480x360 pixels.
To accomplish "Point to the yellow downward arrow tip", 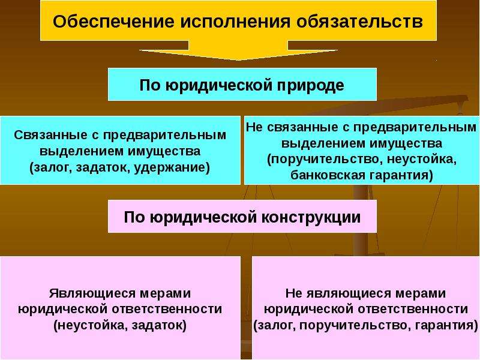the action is click(238, 59).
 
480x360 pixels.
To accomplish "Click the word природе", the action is click(311, 85).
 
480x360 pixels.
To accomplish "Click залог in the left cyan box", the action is click(51, 168).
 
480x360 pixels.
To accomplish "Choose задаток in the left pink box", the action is click(159, 325).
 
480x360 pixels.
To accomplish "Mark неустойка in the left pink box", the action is click(91, 325).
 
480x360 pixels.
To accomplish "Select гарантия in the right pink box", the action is click(446, 325).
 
